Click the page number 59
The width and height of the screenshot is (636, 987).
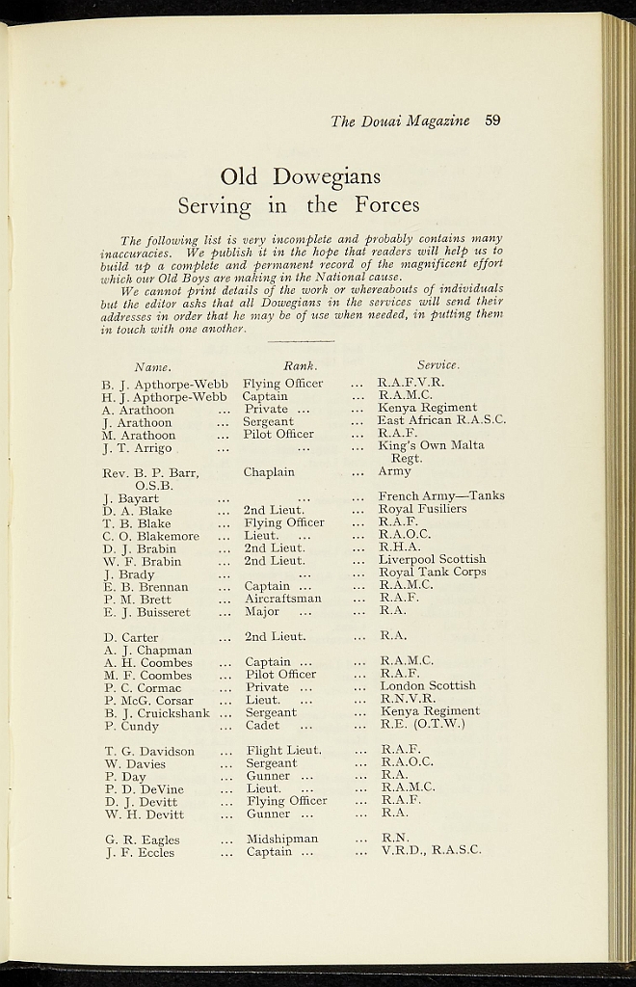pyautogui.click(x=492, y=120)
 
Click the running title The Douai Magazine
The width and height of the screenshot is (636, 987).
pyautogui.click(x=400, y=121)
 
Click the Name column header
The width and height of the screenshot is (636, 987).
pyautogui.click(x=152, y=366)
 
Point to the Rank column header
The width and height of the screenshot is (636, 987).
pyautogui.click(x=300, y=366)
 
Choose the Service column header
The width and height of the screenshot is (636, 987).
pyautogui.click(x=437, y=365)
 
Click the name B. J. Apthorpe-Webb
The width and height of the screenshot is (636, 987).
pyautogui.click(x=165, y=384)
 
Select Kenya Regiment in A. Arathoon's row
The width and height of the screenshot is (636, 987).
pyautogui.click(x=427, y=408)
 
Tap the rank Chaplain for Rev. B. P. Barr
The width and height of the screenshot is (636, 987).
pyautogui.click(x=269, y=472)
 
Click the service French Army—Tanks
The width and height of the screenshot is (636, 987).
pyautogui.click(x=441, y=496)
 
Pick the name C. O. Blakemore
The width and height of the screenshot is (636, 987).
pyautogui.click(x=150, y=536)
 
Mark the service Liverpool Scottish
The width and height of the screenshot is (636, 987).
pyautogui.click(x=432, y=559)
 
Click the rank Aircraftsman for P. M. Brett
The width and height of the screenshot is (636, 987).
pyautogui.click(x=282, y=599)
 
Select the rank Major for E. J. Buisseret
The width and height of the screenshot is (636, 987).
pyautogui.click(x=261, y=611)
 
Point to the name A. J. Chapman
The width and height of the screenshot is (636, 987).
pyautogui.click(x=148, y=650)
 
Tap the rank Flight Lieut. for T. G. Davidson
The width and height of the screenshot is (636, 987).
pyautogui.click(x=284, y=750)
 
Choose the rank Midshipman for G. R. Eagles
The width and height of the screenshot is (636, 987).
pyautogui.click(x=281, y=839)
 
